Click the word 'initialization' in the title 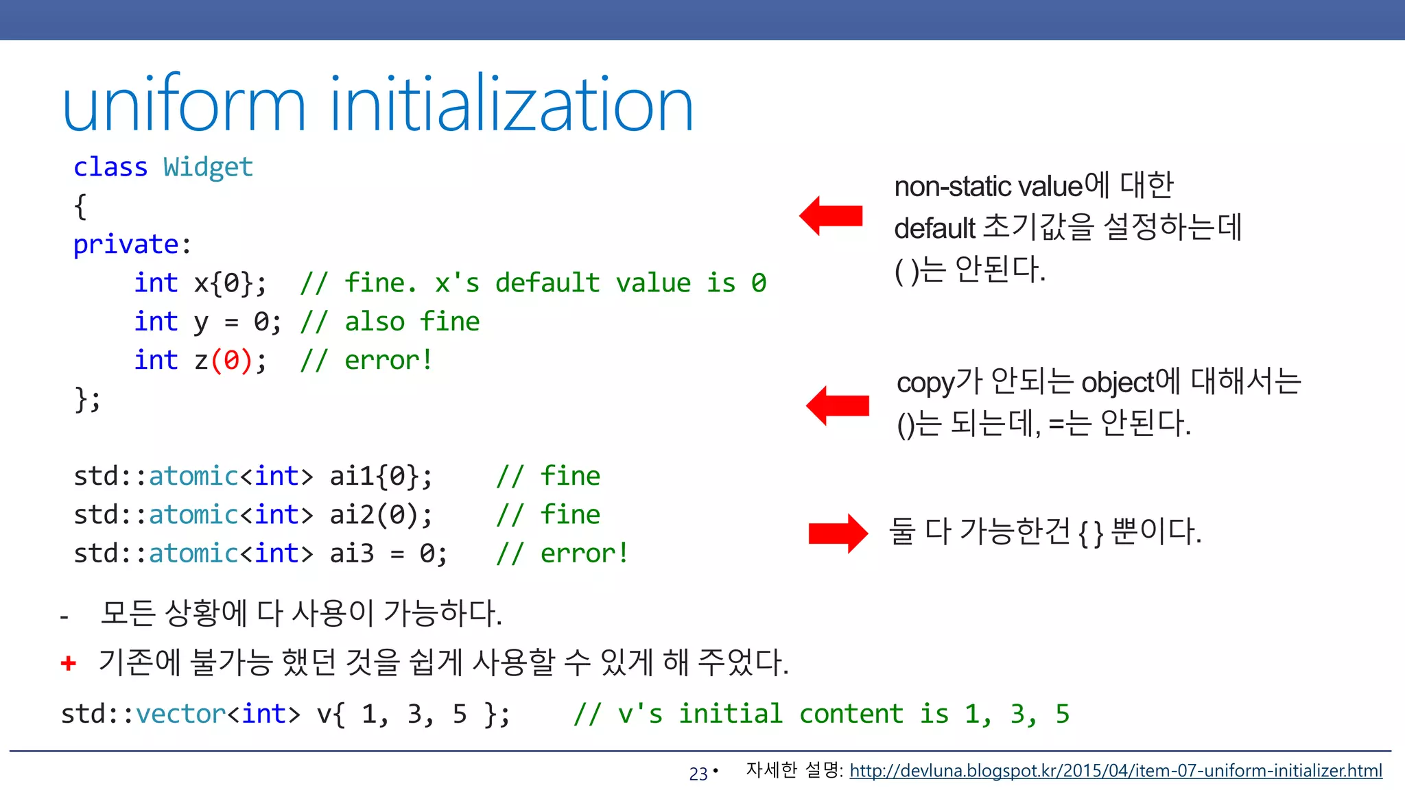tap(512, 105)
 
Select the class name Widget tap(208, 167)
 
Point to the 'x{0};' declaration tap(231, 283)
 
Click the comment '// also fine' tap(390, 322)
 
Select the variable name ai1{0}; tap(381, 476)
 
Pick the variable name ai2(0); tap(381, 514)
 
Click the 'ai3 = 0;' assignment tap(388, 553)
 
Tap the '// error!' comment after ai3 tap(562, 553)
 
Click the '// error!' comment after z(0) tap(366, 360)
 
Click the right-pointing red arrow tap(838, 533)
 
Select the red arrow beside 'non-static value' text tap(831, 215)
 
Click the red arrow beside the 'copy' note tap(838, 405)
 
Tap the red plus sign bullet tap(69, 662)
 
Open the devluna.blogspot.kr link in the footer tap(1115, 771)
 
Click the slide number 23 tap(698, 774)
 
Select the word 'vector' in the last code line tap(180, 714)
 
